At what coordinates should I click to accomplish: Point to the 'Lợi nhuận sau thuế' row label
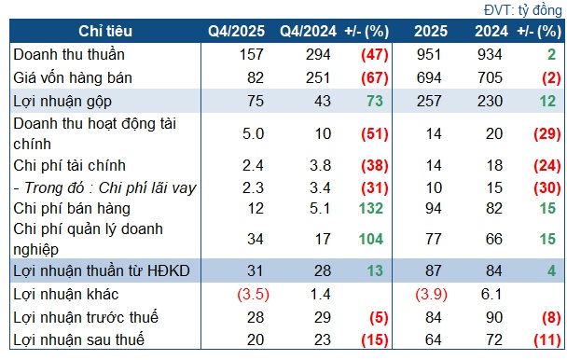(x=65, y=338)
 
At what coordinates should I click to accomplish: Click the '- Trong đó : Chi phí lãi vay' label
(x=103, y=186)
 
